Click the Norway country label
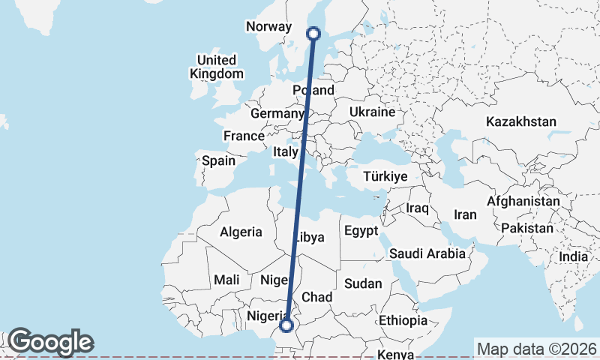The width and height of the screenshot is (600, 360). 268,26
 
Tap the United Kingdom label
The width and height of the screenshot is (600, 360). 216,67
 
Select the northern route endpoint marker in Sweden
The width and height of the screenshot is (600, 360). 314,33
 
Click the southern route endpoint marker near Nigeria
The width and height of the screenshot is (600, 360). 286,325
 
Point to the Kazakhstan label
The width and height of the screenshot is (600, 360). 520,121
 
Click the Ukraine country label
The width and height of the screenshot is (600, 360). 372,112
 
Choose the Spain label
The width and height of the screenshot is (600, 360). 218,160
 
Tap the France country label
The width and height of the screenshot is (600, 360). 244,136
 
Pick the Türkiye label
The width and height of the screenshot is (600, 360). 385,176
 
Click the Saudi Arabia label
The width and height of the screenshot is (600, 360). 427,253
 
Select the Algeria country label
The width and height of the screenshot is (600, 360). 241,232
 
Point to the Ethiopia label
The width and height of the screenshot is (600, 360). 403,320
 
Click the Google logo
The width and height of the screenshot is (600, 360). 50,342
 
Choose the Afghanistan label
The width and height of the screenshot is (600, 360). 523,202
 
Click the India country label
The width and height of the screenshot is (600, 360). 574,256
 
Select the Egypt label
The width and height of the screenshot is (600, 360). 361,232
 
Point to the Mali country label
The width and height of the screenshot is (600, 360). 226,280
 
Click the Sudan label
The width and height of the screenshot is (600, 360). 363,283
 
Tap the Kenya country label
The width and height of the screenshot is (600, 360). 397,354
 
